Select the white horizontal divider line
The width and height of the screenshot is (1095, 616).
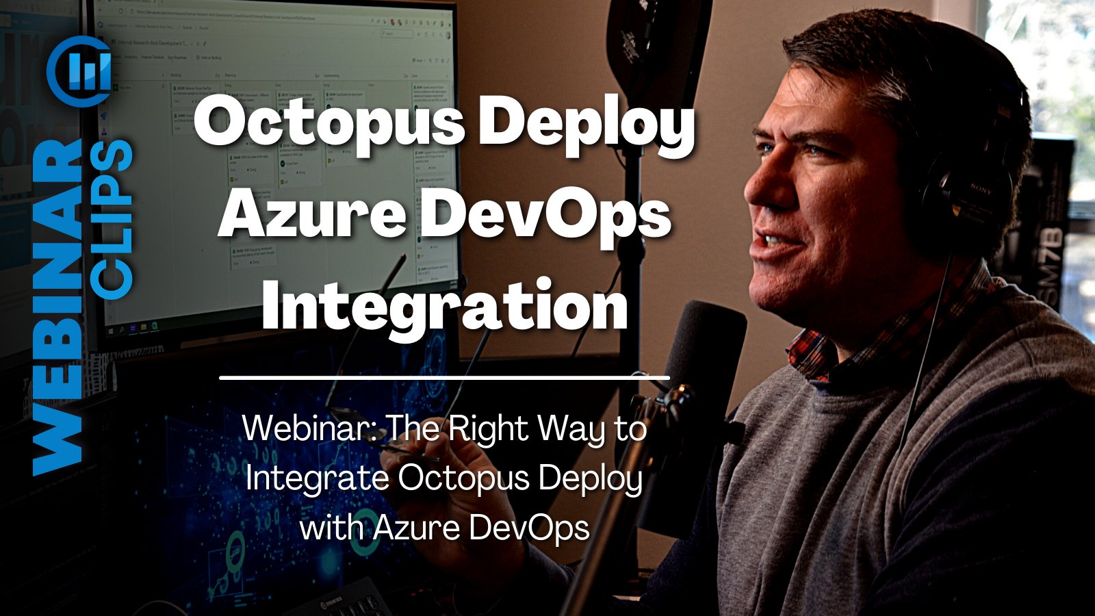point(444,377)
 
